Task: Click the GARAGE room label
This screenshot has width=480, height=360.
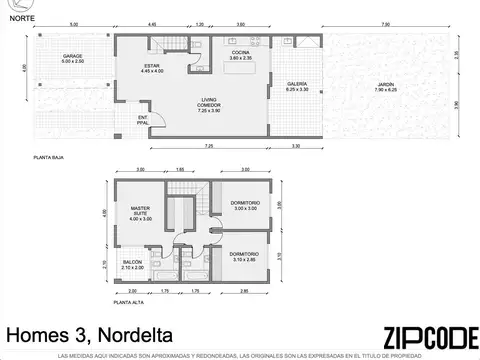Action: click(x=73, y=57)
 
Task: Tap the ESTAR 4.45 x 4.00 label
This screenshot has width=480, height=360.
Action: click(x=152, y=69)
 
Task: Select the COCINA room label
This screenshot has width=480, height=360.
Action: click(x=240, y=55)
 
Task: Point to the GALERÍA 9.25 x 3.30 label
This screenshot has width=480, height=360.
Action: click(x=296, y=87)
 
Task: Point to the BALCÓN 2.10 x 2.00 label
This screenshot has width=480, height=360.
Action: click(x=133, y=266)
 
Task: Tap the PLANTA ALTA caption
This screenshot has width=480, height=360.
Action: click(x=128, y=300)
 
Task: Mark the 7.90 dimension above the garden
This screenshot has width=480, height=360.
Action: click(x=385, y=23)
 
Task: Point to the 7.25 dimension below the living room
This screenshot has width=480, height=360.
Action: click(x=208, y=146)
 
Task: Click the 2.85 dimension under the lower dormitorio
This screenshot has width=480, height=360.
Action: click(x=245, y=291)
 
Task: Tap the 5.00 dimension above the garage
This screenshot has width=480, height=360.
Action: click(x=73, y=23)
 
